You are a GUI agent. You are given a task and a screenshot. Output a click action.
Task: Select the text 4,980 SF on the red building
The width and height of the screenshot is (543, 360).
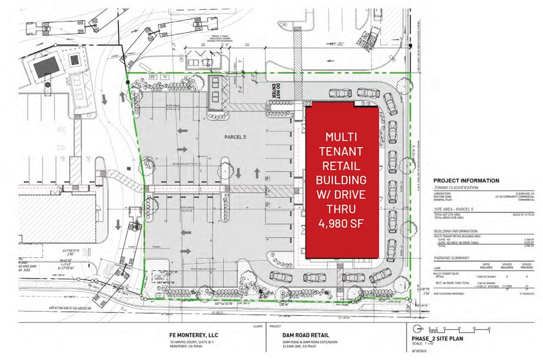pyautogui.click(x=342, y=224)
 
